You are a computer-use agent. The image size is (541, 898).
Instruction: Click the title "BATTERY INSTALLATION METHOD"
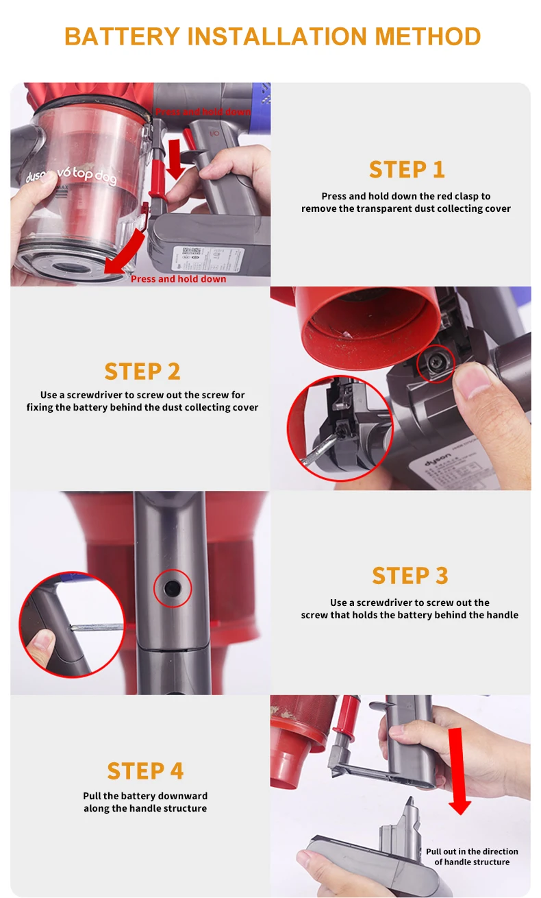272,36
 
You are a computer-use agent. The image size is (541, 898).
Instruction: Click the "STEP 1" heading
406,169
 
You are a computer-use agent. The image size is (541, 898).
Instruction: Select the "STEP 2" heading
142,371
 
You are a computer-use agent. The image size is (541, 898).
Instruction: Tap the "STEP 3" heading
410,575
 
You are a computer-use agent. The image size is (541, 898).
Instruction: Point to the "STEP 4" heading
145,770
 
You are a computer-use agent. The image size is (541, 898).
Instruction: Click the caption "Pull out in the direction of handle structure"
472,856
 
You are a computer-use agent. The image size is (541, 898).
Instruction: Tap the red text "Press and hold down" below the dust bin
178,279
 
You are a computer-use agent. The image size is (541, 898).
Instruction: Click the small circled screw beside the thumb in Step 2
435,363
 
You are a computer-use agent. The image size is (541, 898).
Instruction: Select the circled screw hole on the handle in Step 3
171,588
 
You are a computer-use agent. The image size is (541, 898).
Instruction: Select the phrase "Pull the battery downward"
145,796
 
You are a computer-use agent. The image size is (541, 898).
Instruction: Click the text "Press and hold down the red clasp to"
406,196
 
